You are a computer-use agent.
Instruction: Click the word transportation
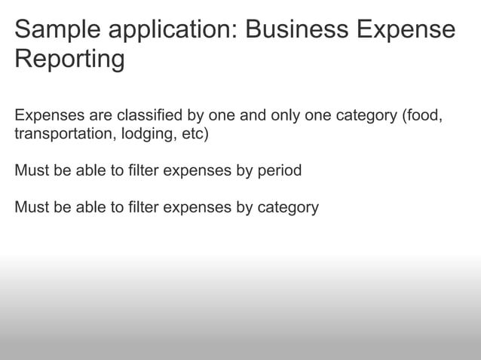[60, 136]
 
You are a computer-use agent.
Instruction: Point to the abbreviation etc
[193, 136]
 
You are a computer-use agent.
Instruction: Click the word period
[279, 170]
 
